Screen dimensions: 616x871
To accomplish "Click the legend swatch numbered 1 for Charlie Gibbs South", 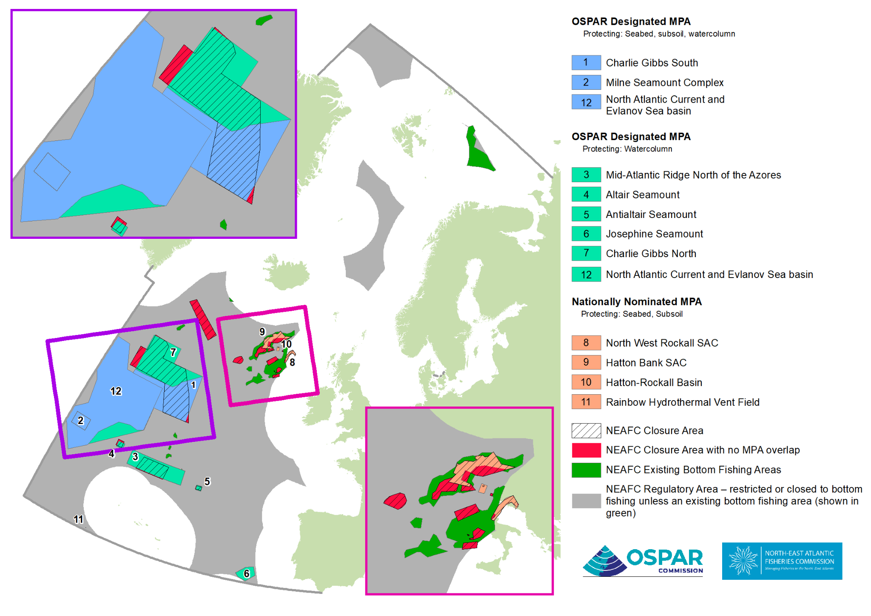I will point(586,63).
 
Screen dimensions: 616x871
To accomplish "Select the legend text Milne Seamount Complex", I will point(664,83).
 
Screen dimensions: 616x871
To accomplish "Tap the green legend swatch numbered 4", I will point(586,195).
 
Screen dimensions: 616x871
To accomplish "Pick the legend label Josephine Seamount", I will point(654,234).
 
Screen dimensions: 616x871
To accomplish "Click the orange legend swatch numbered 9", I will point(586,362).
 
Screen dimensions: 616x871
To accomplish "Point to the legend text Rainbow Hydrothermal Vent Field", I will point(682,402).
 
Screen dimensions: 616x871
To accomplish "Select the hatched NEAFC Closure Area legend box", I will point(586,430).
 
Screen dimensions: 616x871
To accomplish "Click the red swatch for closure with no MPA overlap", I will point(586,450).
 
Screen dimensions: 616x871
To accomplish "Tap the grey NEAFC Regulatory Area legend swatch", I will point(586,501).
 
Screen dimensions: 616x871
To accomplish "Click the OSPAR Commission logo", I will point(643,561).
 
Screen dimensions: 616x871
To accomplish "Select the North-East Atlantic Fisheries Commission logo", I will point(782,561).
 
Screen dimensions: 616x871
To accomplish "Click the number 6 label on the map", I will point(246,574).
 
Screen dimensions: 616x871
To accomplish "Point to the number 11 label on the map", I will point(78,519).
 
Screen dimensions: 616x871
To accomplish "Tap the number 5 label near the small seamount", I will point(207,481).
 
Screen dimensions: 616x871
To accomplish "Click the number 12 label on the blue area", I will point(116,391).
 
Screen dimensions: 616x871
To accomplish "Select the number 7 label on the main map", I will point(173,352).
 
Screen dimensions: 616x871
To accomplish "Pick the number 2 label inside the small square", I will point(81,421).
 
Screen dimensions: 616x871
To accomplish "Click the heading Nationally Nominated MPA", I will point(636,301).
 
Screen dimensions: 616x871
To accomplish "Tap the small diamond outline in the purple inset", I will point(52,172).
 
